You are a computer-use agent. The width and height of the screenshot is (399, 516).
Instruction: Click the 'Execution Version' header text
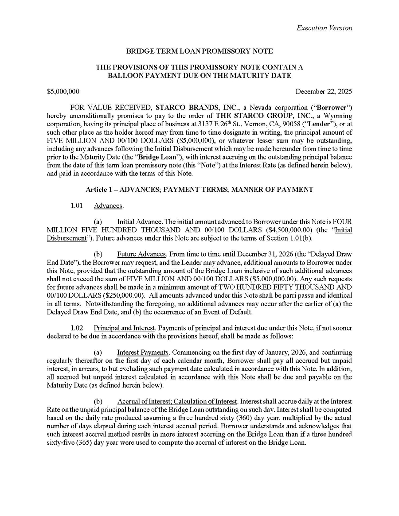coord(324,28)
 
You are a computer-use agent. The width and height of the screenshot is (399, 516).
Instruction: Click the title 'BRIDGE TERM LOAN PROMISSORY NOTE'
coord(199,51)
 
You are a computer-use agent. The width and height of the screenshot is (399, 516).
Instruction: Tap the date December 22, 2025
coord(324,92)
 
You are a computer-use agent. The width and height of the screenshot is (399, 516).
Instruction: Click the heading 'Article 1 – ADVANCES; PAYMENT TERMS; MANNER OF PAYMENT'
coord(199,190)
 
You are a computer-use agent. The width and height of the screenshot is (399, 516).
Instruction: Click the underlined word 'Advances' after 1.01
coord(108,206)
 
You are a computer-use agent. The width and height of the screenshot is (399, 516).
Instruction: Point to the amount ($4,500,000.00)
coord(290,230)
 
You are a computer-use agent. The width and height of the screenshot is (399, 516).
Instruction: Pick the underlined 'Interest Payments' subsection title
coord(143,353)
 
